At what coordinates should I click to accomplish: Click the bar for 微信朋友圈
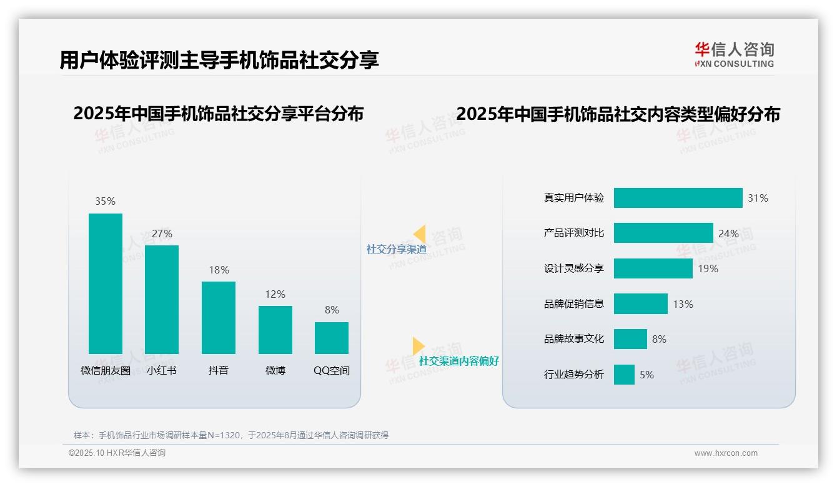point(106,283)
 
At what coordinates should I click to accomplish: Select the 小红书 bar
point(162,300)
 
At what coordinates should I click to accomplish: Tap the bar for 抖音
point(219,318)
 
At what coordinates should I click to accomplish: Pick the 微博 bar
point(275,330)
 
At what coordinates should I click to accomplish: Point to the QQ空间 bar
point(332,338)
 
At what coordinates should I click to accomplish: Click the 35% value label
point(106,201)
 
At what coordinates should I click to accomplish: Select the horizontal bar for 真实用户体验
point(678,198)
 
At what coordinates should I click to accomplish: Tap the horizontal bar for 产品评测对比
point(663,233)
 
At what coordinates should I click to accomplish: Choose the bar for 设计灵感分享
point(653,268)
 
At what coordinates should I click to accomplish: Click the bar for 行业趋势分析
point(624,375)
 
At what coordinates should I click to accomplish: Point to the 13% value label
point(683,304)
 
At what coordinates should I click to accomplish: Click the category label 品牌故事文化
point(574,339)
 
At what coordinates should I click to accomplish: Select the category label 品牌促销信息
point(574,304)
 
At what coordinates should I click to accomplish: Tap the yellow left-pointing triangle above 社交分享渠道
point(420,234)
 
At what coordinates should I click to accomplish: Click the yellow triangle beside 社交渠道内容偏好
point(418,346)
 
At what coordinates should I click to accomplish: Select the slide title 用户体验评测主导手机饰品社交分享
point(219,61)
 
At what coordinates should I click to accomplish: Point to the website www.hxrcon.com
point(726,453)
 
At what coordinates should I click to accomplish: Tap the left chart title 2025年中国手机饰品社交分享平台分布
point(218,114)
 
